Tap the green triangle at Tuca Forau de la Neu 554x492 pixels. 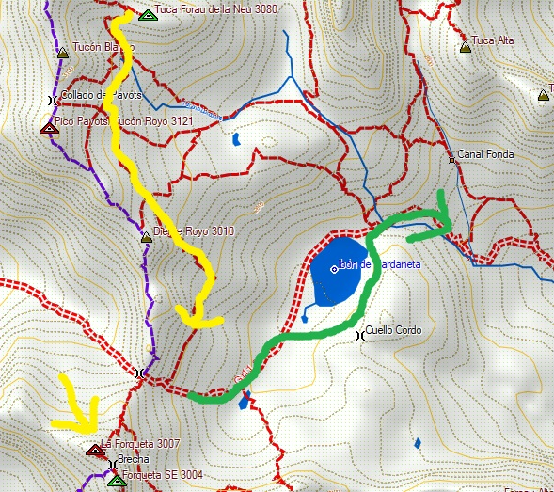coord(146,15)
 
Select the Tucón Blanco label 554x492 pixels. coord(98,47)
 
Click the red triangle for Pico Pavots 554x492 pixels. coord(48,128)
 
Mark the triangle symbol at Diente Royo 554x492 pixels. coord(146,237)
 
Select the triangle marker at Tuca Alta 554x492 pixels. coord(465,46)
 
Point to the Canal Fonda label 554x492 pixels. coord(487,155)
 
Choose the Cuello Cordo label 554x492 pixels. coord(394,330)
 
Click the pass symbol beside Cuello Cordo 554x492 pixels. coord(358,334)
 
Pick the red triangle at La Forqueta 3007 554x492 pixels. coord(94,450)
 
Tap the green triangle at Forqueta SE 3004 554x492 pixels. coord(115,481)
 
